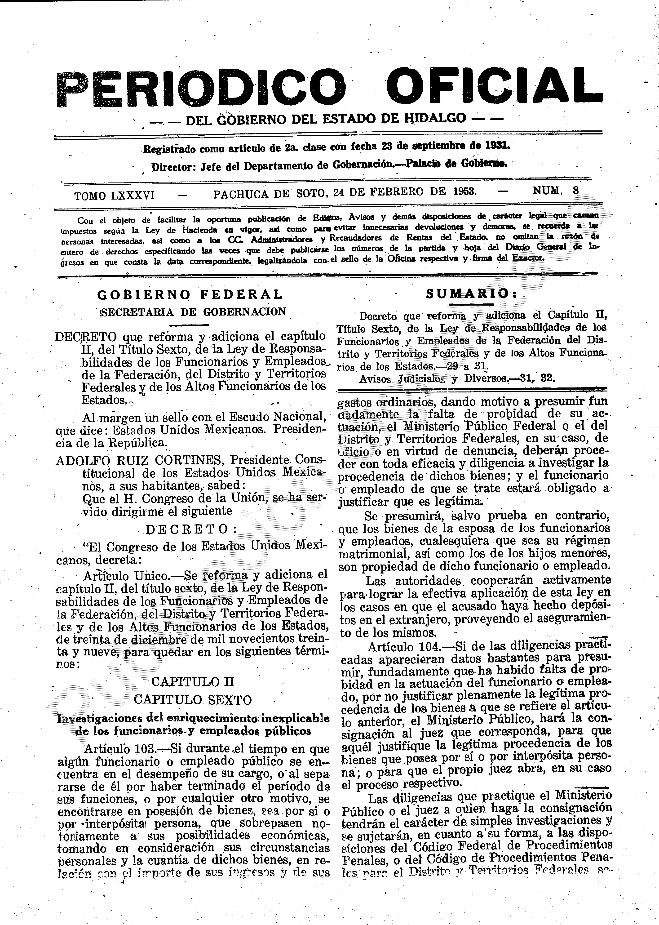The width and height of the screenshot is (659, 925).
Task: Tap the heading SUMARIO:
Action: click(472, 294)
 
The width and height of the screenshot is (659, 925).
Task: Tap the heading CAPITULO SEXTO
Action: click(193, 700)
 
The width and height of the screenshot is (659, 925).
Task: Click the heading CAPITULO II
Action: click(193, 681)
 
